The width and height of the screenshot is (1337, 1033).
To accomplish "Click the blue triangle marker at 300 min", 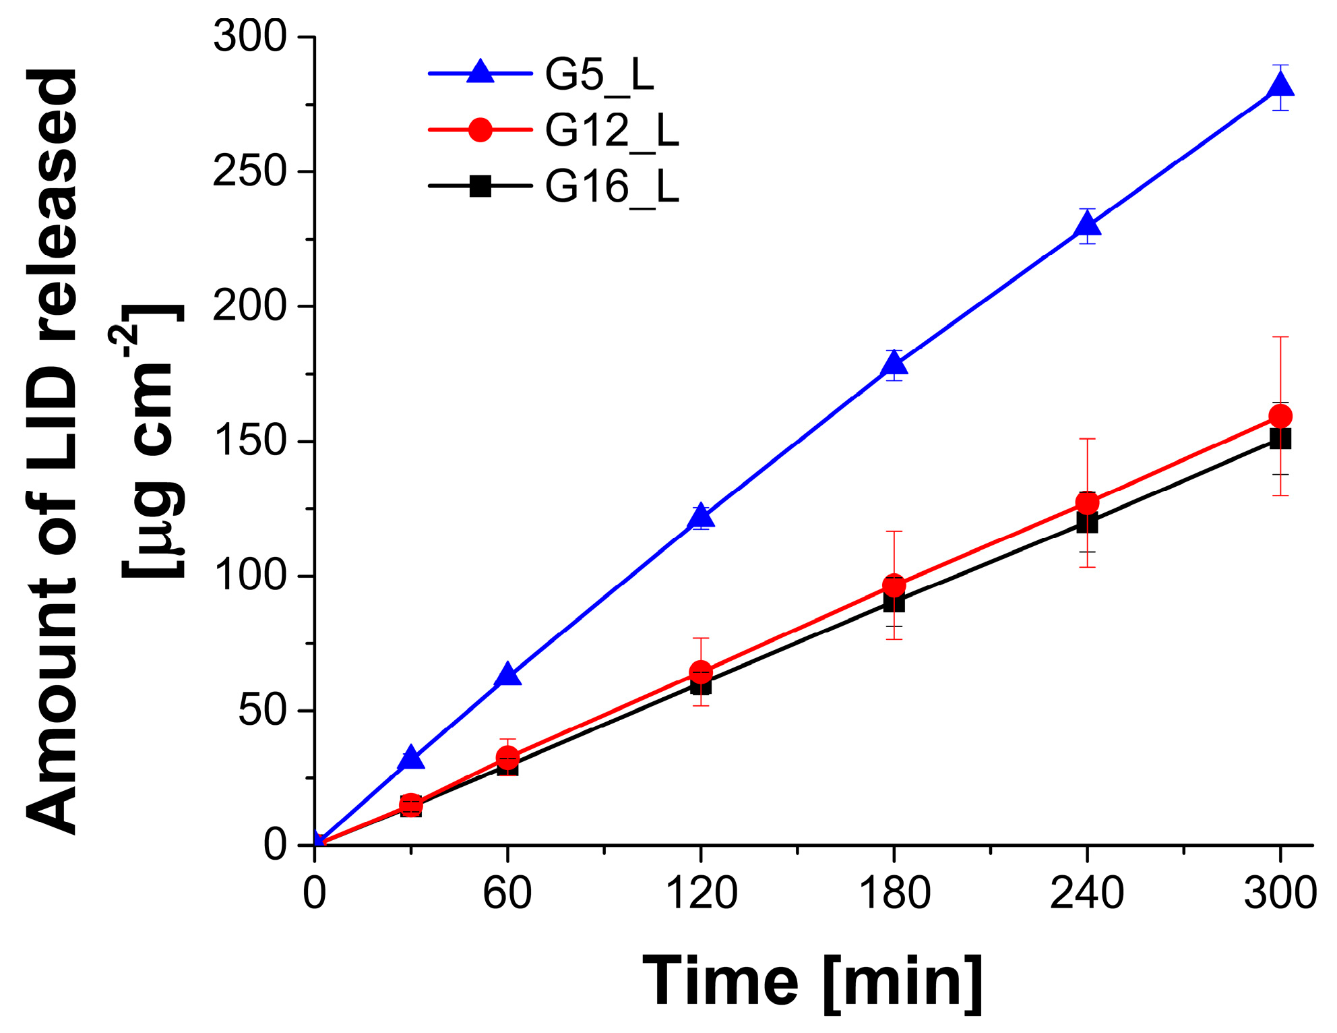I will tap(1280, 86).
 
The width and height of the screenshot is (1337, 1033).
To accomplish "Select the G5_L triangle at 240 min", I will tap(1086, 224).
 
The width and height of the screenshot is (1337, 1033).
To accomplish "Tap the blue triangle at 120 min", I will tap(701, 516).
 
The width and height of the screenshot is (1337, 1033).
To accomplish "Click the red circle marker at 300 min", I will tap(1280, 416).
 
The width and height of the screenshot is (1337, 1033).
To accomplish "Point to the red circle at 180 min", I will tap(894, 587).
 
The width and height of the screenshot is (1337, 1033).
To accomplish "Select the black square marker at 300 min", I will tap(1280, 439).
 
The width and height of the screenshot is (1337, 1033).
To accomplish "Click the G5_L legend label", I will tap(599, 74).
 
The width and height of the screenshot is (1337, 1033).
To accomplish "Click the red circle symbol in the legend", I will tap(480, 129).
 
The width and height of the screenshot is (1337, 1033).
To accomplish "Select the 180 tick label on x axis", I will tap(894, 894).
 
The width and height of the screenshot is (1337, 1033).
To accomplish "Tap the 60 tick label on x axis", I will tap(507, 894).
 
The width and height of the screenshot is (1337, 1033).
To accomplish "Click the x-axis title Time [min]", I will tap(813, 982).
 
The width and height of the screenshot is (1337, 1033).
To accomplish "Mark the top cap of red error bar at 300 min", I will tap(1280, 336).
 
